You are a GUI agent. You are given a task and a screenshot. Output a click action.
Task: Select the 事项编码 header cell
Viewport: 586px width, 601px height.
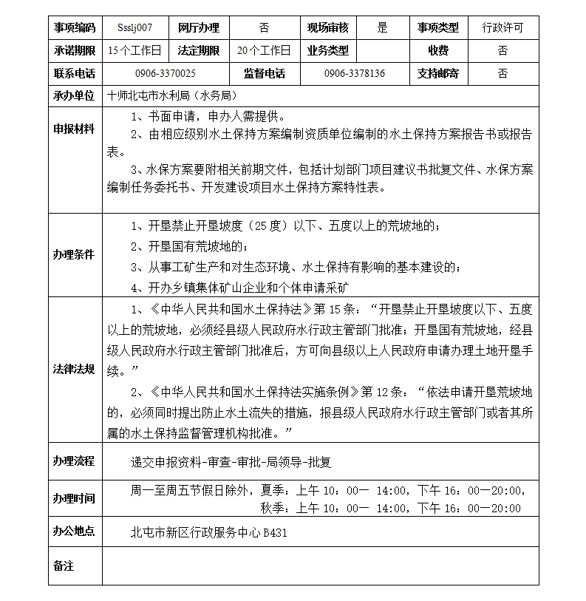(75, 28)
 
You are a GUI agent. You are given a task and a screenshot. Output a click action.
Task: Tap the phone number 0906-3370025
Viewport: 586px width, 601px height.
(166, 74)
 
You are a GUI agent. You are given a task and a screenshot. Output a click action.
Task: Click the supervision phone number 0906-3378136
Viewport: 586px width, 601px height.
(354, 74)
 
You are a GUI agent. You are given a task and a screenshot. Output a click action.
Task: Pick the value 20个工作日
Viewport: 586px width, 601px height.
(264, 51)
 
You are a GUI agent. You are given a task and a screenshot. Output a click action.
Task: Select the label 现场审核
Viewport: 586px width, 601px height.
(328, 28)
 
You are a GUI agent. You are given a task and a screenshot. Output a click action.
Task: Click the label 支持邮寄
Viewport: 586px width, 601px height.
(437, 74)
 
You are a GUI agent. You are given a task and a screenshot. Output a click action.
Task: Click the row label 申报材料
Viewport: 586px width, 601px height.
(74, 129)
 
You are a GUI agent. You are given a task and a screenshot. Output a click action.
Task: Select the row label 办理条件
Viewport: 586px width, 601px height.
(74, 254)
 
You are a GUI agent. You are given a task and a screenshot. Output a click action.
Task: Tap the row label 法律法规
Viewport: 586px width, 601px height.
(74, 369)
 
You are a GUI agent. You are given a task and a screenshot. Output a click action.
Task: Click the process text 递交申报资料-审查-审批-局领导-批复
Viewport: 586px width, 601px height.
(231, 462)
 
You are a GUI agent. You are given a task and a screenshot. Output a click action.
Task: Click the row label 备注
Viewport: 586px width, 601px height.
(64, 566)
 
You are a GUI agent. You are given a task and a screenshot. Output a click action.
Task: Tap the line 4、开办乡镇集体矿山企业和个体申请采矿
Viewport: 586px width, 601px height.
(240, 288)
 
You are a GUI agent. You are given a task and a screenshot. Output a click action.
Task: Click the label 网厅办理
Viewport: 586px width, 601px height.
(199, 28)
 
